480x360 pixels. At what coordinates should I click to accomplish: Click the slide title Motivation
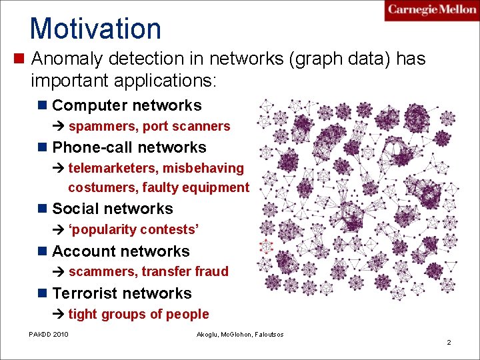coord(95,29)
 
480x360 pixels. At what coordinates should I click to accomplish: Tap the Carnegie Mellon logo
coord(431,11)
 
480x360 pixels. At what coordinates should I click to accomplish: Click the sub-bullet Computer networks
coord(127,105)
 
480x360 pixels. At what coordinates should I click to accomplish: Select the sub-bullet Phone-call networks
coord(129,147)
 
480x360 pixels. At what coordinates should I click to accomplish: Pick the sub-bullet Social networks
coord(112,209)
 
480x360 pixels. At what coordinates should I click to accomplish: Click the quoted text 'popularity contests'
coord(133,229)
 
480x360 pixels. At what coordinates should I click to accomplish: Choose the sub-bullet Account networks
coord(121,251)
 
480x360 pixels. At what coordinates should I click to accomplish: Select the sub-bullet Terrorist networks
coord(121,293)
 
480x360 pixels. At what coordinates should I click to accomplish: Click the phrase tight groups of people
coord(139,314)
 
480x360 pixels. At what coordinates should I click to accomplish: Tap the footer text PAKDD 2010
coord(48,333)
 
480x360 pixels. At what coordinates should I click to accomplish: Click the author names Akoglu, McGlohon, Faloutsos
coord(239,333)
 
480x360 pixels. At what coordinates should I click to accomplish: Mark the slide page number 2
coord(449,342)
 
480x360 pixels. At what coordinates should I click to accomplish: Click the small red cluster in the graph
coord(266,245)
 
